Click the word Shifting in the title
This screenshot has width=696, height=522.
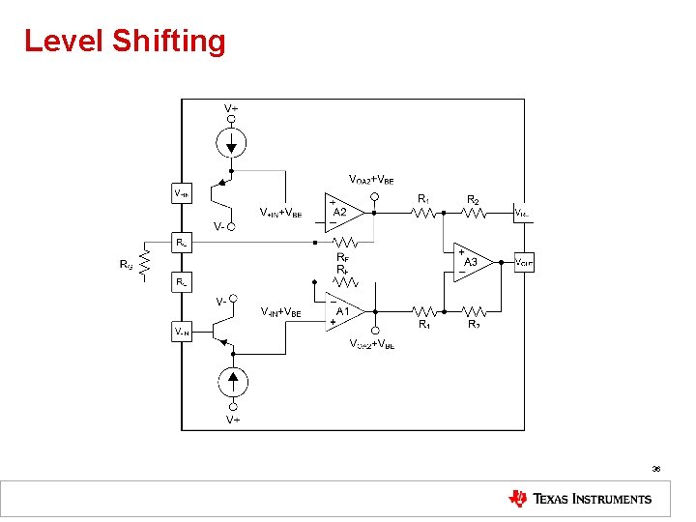(169, 42)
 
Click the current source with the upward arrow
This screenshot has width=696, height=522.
(231, 378)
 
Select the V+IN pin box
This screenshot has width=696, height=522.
(182, 192)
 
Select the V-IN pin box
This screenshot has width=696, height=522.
(182, 332)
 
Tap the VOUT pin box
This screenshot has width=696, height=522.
(523, 262)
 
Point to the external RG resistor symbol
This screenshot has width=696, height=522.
(144, 263)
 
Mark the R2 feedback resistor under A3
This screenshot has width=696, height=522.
(474, 311)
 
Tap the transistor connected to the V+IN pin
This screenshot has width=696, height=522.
(225, 190)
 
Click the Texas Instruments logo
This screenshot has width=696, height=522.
(580, 499)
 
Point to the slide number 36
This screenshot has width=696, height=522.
(655, 468)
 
